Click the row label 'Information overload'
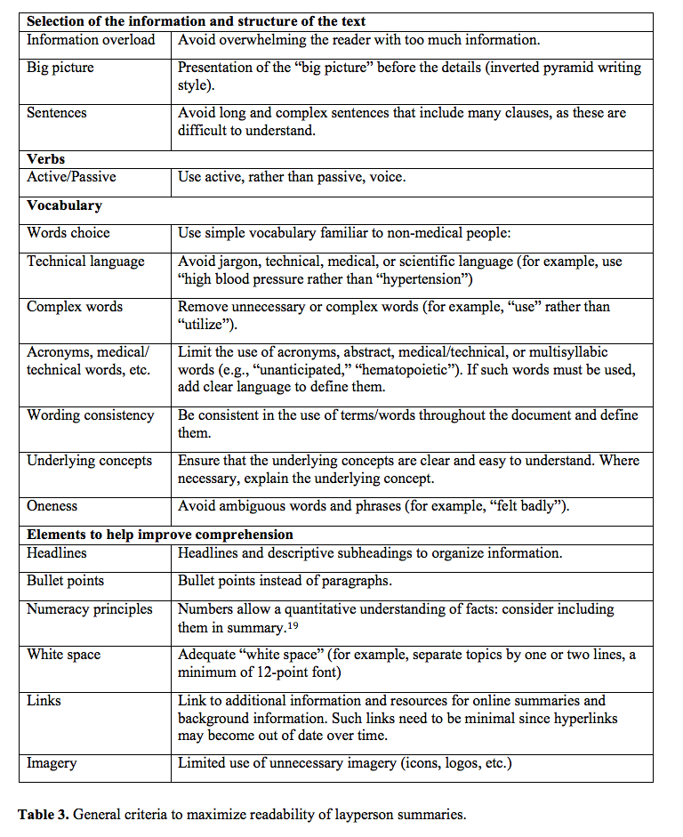click(x=91, y=40)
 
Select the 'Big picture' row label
click(x=60, y=68)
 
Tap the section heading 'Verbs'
click(x=46, y=159)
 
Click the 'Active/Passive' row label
click(x=71, y=177)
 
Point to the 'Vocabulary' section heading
click(x=64, y=205)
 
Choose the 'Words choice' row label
click(x=68, y=233)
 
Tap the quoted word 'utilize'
click(x=207, y=324)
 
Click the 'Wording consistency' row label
click(x=90, y=415)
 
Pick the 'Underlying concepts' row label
click(x=89, y=461)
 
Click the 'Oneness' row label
click(x=52, y=506)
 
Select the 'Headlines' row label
click(x=57, y=553)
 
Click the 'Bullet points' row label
click(x=65, y=581)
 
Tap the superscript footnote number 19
click(x=292, y=624)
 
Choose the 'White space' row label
click(x=63, y=655)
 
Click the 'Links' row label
click(x=44, y=701)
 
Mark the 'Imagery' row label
click(x=52, y=763)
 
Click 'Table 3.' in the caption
click(x=47, y=814)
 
